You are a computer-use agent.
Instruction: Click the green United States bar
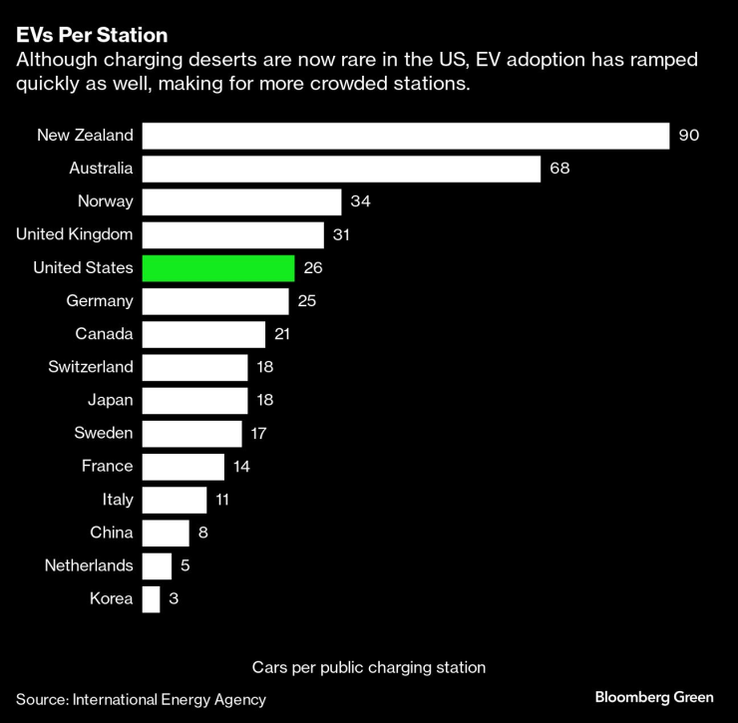click(218, 267)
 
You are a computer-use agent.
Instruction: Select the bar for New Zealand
click(405, 136)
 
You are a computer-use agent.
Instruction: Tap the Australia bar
click(341, 169)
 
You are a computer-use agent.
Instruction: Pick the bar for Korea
click(151, 598)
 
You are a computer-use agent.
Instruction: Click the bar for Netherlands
click(157, 565)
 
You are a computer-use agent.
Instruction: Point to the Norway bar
click(241, 201)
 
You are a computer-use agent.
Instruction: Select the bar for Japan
click(194, 400)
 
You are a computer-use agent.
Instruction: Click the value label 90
click(689, 136)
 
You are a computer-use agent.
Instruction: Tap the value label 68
click(559, 169)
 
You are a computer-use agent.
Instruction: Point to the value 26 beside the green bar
click(313, 267)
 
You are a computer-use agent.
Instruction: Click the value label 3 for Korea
click(174, 598)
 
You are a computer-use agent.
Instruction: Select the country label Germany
click(100, 300)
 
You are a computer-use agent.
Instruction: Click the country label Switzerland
click(91, 367)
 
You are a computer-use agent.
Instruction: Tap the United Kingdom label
click(75, 234)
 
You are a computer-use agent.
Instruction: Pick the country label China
click(112, 533)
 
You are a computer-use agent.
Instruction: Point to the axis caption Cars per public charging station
click(369, 666)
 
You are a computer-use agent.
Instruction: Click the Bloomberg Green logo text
click(654, 697)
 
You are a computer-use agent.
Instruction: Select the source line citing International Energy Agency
click(141, 699)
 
